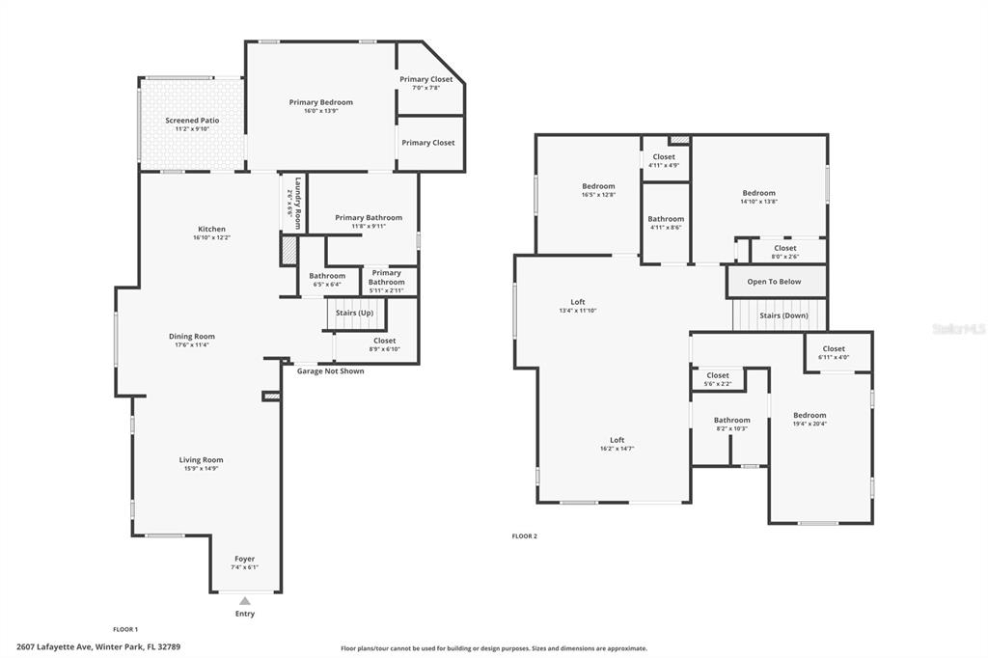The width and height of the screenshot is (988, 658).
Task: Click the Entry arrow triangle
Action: (x=245, y=601)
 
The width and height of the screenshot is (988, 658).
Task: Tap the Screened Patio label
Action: (x=192, y=121)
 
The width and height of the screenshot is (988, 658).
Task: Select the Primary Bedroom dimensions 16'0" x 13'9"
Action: (x=321, y=111)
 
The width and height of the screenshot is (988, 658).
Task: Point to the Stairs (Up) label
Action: (x=355, y=313)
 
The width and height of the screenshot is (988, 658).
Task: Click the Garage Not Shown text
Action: (x=330, y=371)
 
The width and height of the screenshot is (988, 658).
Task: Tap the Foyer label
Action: (x=244, y=559)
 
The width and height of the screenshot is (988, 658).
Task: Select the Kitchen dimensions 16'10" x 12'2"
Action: (x=211, y=237)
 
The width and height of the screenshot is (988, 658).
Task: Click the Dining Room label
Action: (x=192, y=337)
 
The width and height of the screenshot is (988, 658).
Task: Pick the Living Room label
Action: (x=201, y=460)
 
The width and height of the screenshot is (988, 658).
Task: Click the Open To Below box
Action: (x=777, y=282)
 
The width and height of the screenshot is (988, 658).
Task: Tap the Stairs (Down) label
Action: (x=783, y=315)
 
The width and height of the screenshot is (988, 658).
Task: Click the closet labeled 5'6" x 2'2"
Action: (x=718, y=379)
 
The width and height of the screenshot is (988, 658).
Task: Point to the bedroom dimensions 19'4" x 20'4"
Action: (x=810, y=424)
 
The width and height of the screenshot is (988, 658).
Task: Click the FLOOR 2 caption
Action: (x=524, y=536)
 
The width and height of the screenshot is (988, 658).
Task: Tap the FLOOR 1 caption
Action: (x=125, y=629)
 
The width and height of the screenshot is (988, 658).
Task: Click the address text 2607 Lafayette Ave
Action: (x=55, y=646)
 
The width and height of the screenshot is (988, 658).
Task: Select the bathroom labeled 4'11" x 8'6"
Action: (x=666, y=223)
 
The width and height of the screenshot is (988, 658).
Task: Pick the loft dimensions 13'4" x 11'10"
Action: (x=578, y=310)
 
